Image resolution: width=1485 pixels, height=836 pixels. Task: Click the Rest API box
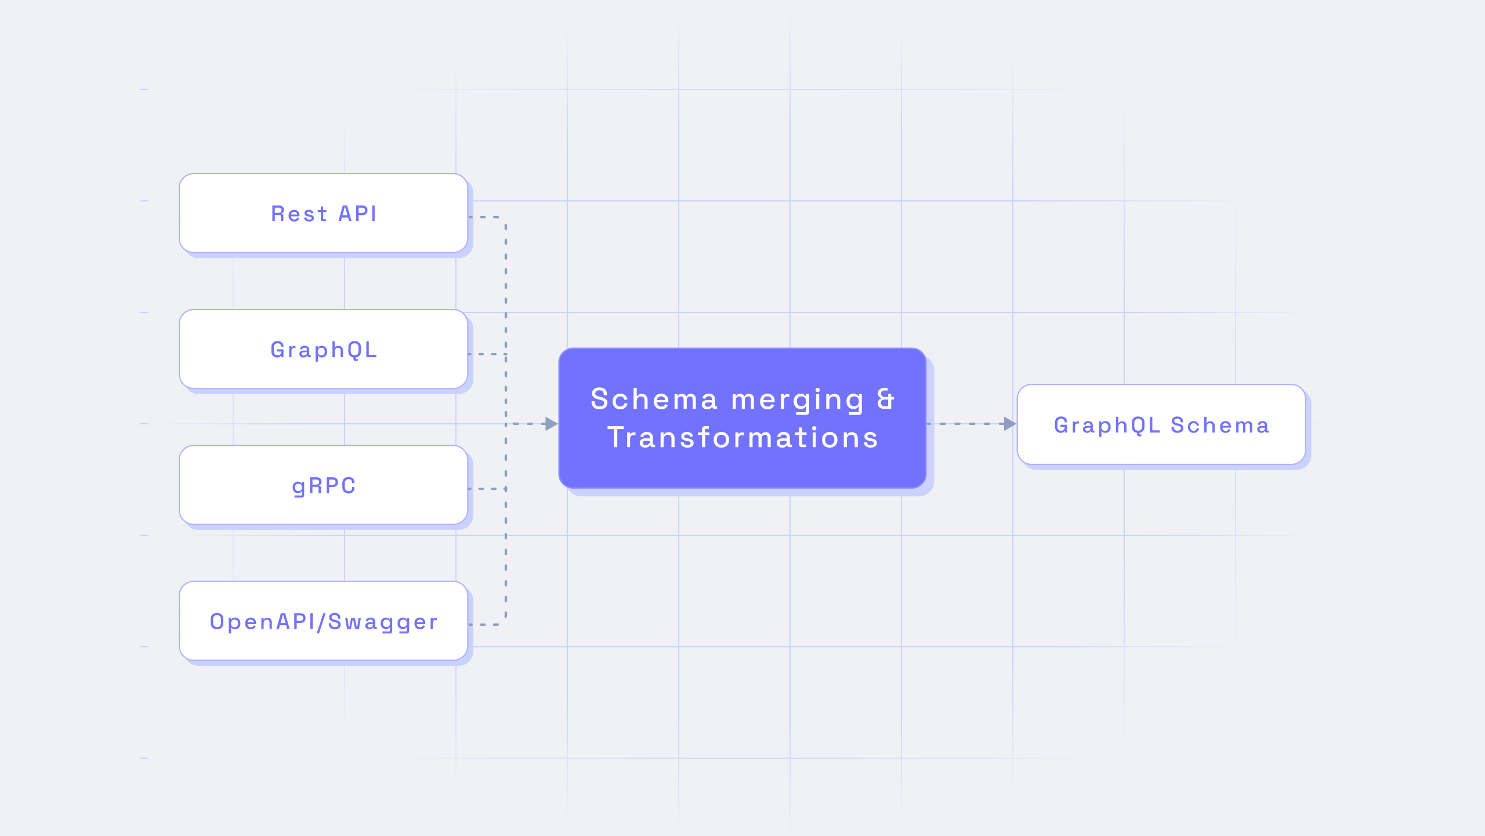click(324, 213)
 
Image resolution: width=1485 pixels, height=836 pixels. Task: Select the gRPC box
click(324, 485)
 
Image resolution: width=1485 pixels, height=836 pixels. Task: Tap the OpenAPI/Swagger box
click(324, 621)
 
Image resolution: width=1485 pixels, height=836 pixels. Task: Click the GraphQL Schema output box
click(1161, 424)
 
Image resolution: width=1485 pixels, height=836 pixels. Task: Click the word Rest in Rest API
click(299, 214)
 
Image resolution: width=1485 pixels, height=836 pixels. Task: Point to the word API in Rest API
click(357, 214)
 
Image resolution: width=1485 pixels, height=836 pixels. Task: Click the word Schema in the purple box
click(654, 399)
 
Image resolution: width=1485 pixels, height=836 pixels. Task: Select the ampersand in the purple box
click(886, 399)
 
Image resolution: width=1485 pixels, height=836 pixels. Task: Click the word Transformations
click(742, 438)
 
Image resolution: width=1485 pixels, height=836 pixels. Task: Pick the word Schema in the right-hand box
click(1220, 426)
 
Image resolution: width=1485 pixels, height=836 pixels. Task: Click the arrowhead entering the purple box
click(552, 424)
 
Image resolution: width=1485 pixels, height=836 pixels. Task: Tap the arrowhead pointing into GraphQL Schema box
click(1010, 424)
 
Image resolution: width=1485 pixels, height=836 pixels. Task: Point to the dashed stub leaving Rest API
click(484, 217)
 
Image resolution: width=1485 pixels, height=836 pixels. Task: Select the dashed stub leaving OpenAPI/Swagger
click(484, 625)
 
